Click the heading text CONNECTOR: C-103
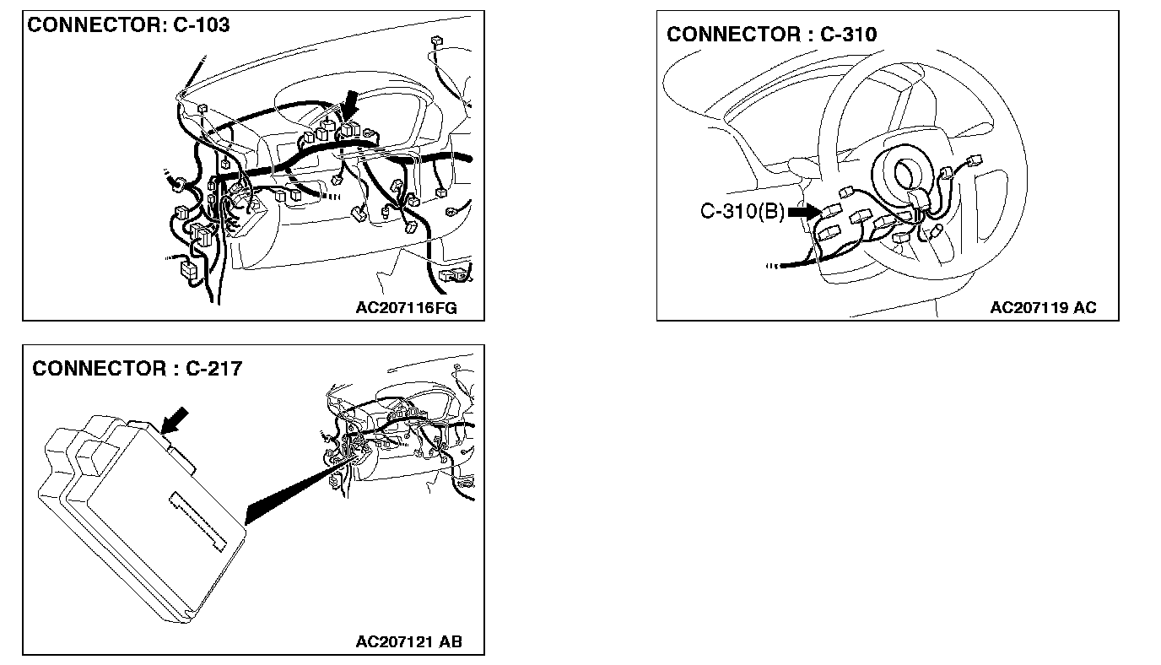coord(128,25)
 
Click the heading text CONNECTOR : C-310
coord(771,35)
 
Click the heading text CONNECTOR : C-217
coord(137,369)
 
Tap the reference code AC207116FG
coord(406,308)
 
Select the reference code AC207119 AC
coord(1043,308)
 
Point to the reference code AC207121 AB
coord(408,642)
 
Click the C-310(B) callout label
coord(742,212)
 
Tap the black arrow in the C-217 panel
coord(175,421)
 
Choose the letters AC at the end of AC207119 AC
coord(1084,308)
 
